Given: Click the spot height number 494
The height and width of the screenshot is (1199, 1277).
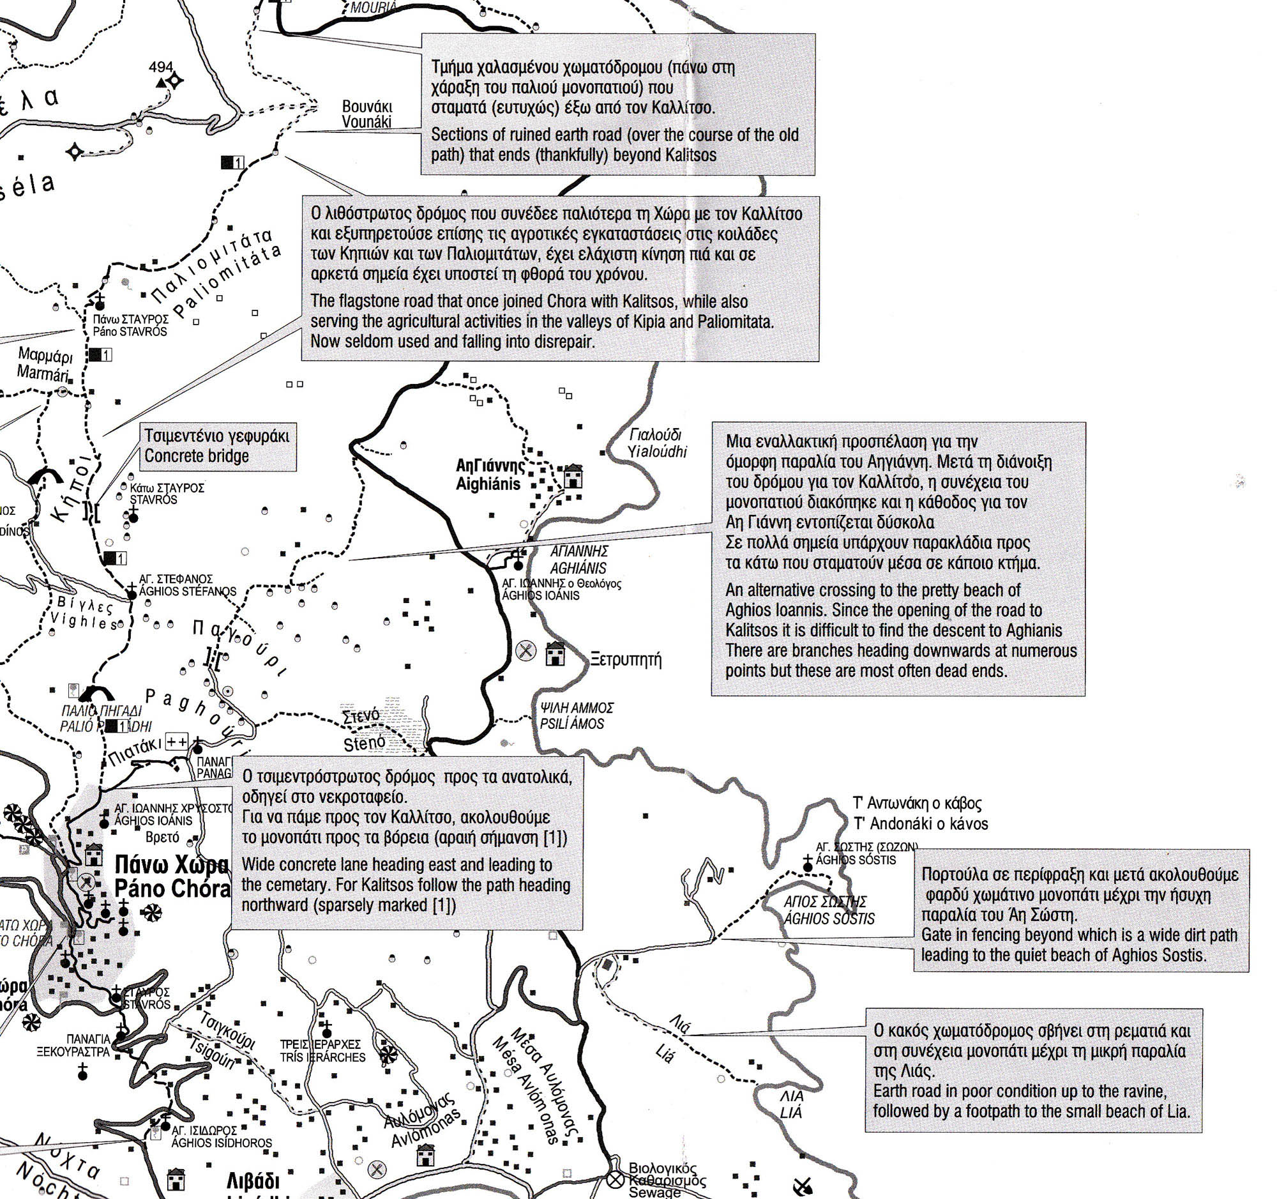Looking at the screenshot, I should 161,67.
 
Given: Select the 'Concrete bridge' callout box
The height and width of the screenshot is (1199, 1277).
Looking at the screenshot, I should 218,446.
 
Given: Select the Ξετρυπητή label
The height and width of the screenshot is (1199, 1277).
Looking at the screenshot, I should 625,660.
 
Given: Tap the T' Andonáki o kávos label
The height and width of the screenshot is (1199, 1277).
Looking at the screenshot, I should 921,823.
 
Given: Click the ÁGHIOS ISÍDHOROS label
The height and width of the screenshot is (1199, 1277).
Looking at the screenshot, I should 222,1143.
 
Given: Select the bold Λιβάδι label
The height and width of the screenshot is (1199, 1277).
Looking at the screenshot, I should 253,1181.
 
